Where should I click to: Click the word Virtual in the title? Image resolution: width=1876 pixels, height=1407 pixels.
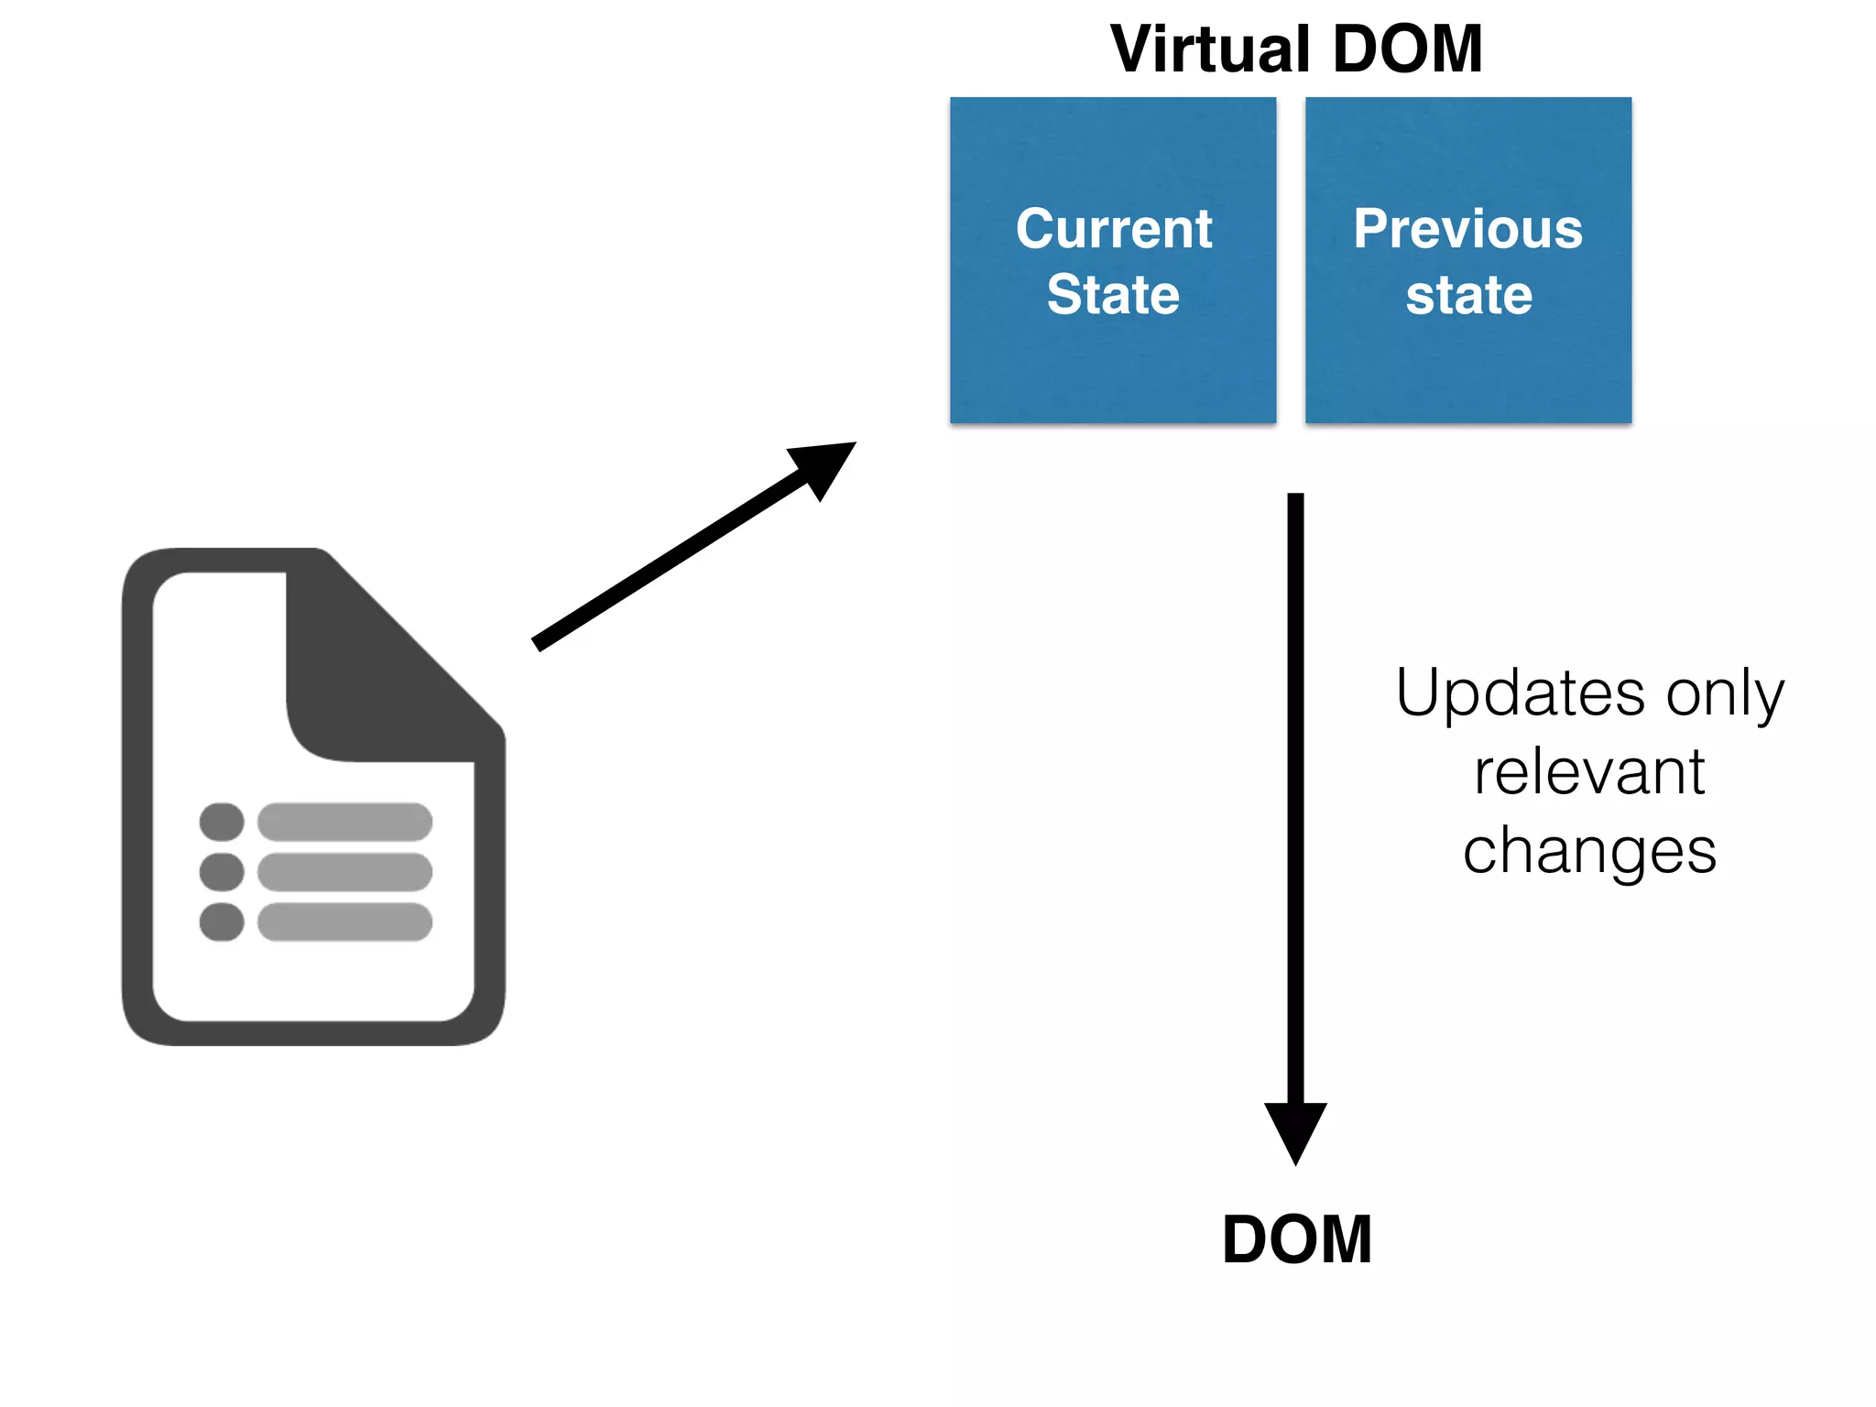[x=1211, y=49]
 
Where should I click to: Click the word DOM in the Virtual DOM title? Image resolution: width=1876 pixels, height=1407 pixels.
[x=1407, y=49]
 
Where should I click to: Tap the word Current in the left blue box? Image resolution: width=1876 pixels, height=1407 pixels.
[x=1113, y=228]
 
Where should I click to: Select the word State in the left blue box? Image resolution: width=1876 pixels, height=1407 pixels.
[x=1113, y=295]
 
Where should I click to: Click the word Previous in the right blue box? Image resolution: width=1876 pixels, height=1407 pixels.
[x=1467, y=228]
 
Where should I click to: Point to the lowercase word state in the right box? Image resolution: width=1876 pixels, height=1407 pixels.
[x=1468, y=296]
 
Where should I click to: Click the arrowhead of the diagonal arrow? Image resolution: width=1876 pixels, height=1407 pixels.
[x=824, y=465]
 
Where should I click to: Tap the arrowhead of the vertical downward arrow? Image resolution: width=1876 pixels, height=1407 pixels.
[x=1295, y=1129]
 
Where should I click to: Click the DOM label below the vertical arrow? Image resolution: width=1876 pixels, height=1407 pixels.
[x=1296, y=1240]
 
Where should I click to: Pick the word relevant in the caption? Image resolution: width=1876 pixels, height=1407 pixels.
[x=1589, y=772]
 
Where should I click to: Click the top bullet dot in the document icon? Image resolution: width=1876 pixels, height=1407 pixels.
[x=222, y=822]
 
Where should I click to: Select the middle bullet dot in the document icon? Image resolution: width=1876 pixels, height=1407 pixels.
[x=222, y=871]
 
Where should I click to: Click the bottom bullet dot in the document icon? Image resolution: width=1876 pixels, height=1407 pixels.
[x=222, y=922]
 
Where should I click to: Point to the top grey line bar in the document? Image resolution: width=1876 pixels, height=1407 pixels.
[x=344, y=822]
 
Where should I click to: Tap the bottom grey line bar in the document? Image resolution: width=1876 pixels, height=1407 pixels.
[x=344, y=922]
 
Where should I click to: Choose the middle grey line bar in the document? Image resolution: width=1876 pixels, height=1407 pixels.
[x=344, y=871]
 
